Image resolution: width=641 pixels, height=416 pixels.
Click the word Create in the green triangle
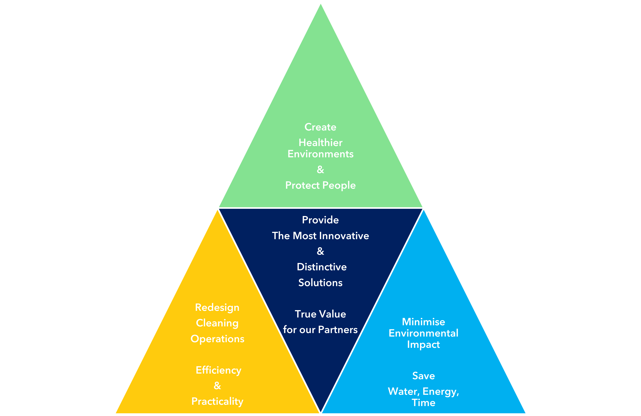[x=320, y=127]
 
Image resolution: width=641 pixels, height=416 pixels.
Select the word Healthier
[x=320, y=143]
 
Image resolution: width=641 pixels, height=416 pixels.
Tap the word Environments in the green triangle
[x=320, y=154]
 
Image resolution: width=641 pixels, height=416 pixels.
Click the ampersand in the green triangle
[x=320, y=170]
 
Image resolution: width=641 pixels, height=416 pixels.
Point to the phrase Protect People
[x=320, y=185]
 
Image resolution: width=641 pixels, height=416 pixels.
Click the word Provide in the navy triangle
[x=320, y=220]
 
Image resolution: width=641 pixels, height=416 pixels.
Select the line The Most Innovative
[x=320, y=236]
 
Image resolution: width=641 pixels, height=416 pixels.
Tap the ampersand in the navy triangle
[x=320, y=251]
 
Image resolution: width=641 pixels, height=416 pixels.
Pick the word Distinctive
[x=322, y=267]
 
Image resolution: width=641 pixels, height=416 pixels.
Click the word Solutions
[x=320, y=283]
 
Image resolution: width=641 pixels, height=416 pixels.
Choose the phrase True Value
[x=320, y=314]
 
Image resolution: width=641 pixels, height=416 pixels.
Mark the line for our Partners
[x=320, y=330]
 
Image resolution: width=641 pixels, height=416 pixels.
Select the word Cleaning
[x=217, y=323]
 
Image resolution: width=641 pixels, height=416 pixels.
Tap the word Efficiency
[x=218, y=370]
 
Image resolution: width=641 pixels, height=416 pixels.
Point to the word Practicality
[x=217, y=402]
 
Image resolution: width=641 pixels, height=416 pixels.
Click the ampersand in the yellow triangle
[x=217, y=386]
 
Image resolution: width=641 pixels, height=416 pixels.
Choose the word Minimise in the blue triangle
[x=423, y=322]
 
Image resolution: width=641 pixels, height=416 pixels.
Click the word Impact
[x=423, y=345]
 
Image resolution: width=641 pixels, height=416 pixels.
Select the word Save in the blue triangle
[x=423, y=376]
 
